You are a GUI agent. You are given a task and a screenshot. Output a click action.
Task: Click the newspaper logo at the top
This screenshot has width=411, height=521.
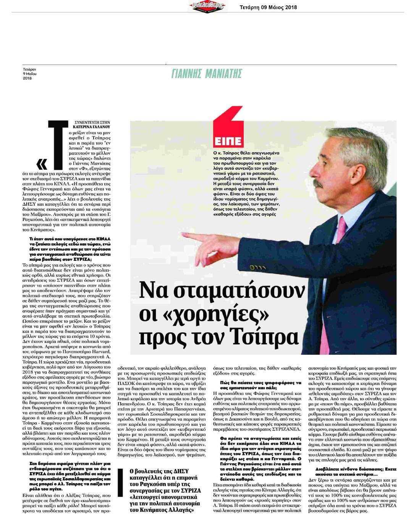(x=207, y=6)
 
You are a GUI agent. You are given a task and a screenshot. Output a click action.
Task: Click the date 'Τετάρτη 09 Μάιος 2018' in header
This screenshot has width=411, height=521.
(x=268, y=7)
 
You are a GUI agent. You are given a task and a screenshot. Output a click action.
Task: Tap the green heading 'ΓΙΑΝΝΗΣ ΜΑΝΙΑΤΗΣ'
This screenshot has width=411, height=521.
(x=206, y=73)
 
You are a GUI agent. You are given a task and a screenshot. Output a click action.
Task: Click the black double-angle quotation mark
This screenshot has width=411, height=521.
(x=41, y=164)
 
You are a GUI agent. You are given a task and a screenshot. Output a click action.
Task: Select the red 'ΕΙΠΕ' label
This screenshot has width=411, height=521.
(x=228, y=141)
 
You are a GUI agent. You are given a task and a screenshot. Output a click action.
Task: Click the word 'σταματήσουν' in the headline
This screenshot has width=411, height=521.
(x=222, y=291)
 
